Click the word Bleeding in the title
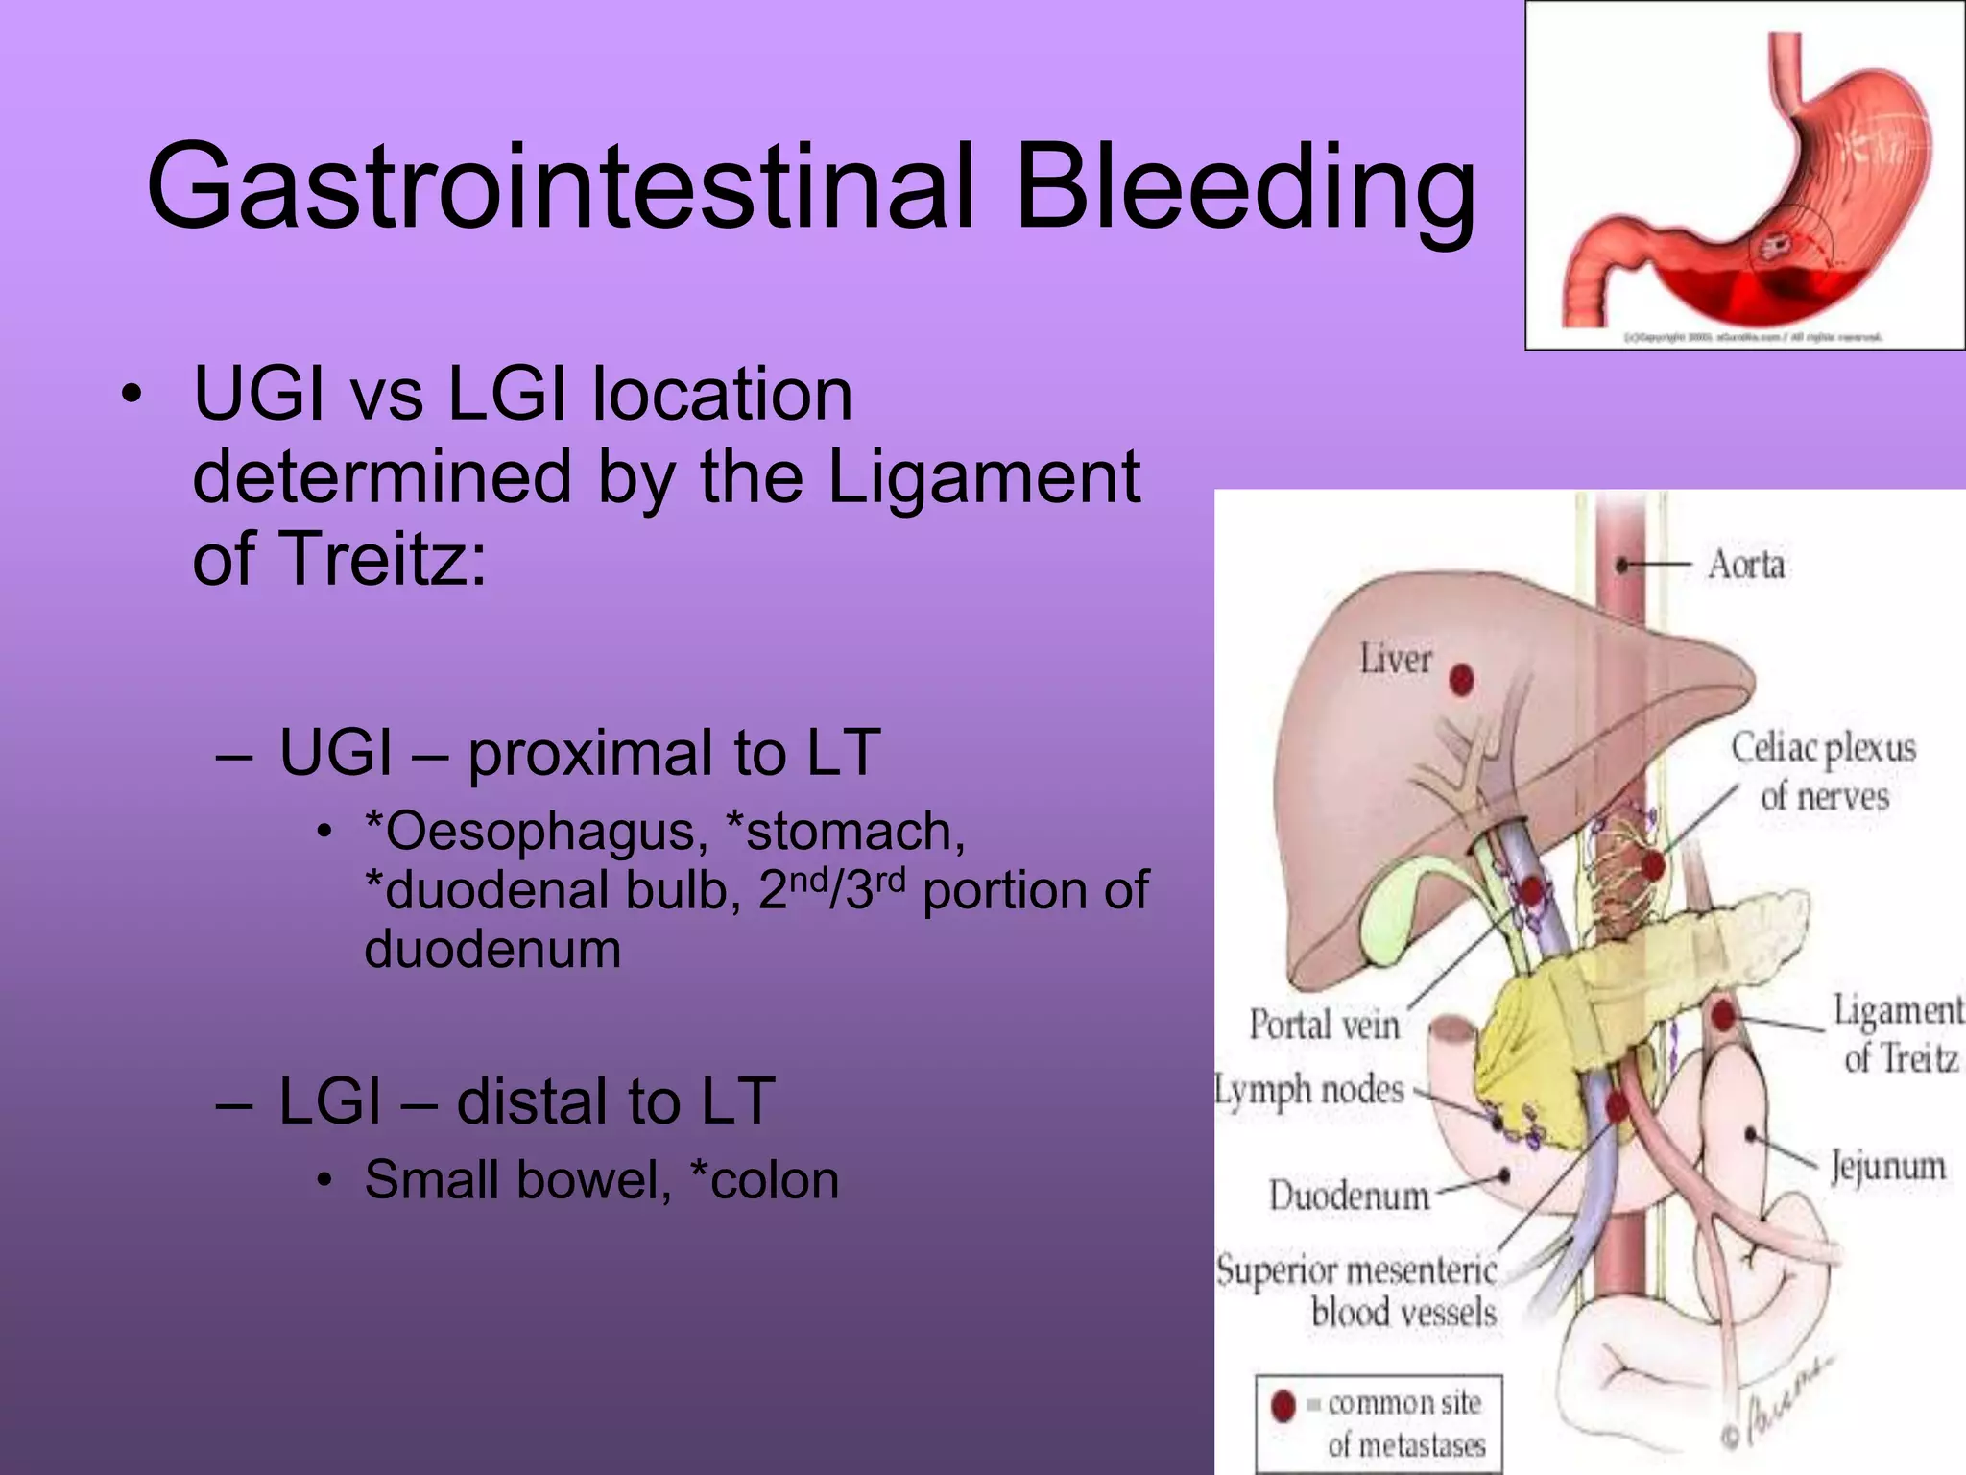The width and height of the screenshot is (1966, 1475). (1245, 187)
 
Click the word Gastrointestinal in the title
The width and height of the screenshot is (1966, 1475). (562, 187)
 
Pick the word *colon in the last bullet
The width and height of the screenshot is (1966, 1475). (764, 1180)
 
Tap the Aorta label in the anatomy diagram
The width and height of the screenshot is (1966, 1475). (1746, 565)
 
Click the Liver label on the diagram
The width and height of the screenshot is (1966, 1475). (1395, 660)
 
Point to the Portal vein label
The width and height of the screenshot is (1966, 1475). (1324, 1025)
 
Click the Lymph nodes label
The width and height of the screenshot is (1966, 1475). (1309, 1091)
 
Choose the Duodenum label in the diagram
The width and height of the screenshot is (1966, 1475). (1349, 1197)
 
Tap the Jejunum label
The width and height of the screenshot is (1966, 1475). (1887, 1166)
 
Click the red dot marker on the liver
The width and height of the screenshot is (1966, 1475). (1461, 680)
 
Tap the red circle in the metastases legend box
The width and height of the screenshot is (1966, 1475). (1283, 1406)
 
